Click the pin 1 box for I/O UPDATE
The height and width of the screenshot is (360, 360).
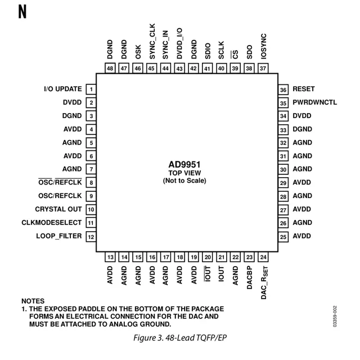tap(90, 89)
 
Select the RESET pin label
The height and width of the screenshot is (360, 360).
tap(304, 89)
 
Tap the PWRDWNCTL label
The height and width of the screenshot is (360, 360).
tap(314, 102)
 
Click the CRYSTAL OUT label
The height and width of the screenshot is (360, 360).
tap(58, 209)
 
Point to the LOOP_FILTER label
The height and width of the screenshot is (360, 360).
tap(59, 236)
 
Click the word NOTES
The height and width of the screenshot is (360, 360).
tap(33, 301)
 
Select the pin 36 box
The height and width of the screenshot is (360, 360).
tap(283, 89)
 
